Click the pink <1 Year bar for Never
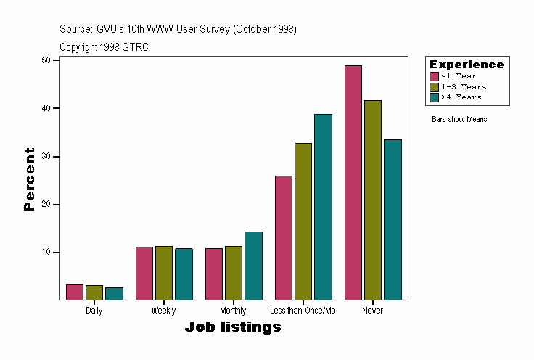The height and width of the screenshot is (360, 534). point(353,182)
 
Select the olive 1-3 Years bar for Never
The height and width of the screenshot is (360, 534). point(373,200)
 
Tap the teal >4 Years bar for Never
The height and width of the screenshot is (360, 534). point(393,219)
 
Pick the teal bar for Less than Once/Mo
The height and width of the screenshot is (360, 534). point(323,207)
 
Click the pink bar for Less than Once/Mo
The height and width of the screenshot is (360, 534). point(284,237)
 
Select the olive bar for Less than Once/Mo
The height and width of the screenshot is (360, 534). point(303,221)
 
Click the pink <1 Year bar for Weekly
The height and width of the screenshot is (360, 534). point(144,273)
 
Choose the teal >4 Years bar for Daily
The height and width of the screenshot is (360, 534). point(114,293)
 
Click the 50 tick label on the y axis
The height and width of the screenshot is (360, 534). point(46,60)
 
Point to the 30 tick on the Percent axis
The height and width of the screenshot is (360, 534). point(46,156)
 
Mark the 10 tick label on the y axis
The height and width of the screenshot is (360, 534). point(46,253)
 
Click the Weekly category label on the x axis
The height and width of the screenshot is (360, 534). point(163,311)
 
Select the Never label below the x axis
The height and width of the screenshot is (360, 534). point(372,311)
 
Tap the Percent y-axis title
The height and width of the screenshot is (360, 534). point(29,179)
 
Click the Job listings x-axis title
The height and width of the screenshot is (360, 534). point(233,327)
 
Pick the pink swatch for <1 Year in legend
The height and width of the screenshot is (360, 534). point(434,76)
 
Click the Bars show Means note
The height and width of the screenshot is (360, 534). point(459,119)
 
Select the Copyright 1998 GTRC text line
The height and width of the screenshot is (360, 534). point(104,46)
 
